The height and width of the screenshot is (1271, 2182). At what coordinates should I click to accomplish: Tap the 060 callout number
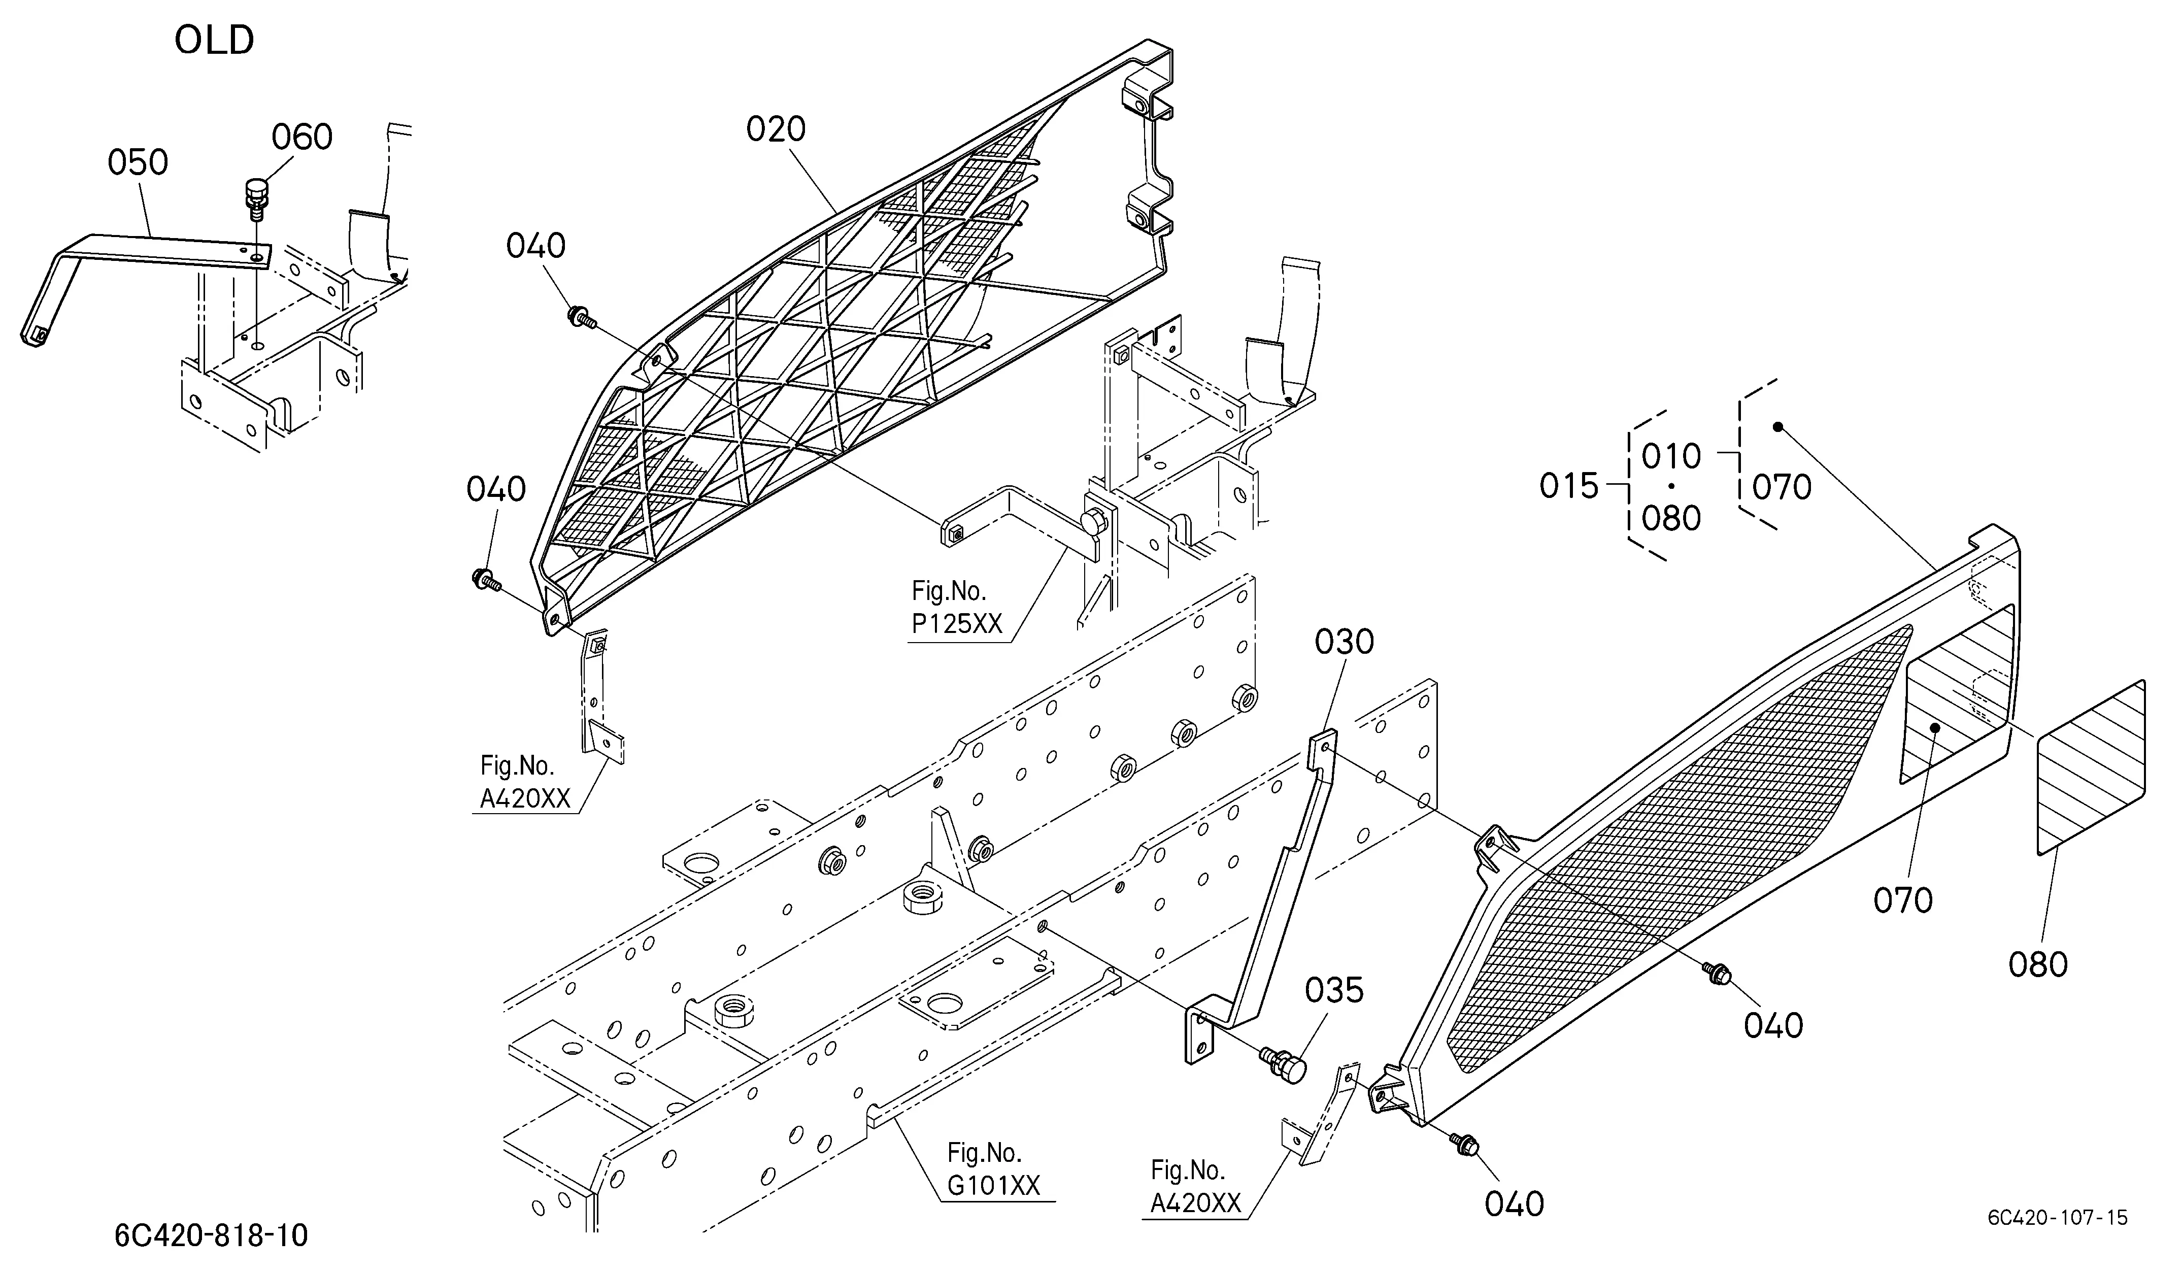tap(302, 137)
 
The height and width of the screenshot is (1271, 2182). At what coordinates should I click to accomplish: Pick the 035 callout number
tap(1334, 990)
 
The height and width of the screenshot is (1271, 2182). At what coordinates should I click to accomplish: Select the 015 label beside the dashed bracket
tap(1569, 487)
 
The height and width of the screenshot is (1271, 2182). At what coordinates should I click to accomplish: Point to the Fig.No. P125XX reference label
tap(956, 608)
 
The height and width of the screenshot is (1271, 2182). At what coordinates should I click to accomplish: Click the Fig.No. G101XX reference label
tap(993, 1169)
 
